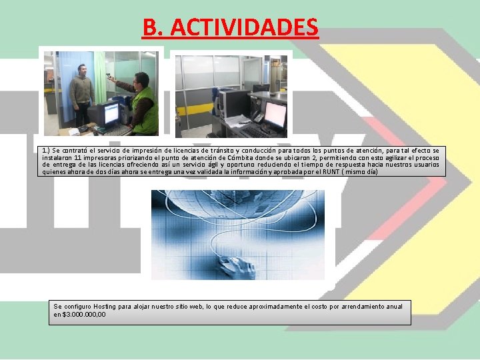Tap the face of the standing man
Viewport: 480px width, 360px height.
coord(81,70)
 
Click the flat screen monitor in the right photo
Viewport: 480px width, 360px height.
coord(274,114)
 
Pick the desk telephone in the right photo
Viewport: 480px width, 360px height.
coord(256,117)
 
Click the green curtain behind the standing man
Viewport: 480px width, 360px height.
coord(100,77)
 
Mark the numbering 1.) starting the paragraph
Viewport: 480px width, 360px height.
coord(46,151)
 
